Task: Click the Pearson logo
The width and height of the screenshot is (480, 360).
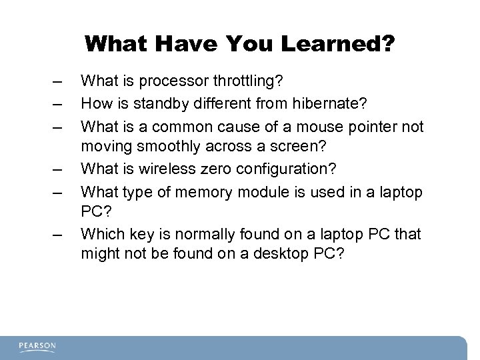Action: (x=38, y=346)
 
